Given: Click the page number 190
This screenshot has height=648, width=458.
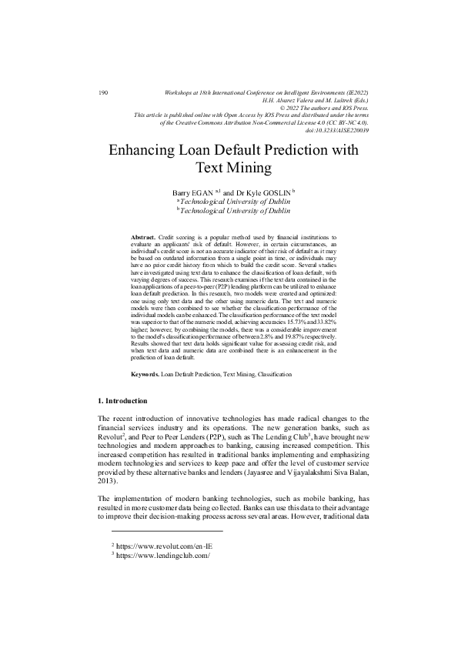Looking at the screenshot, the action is pyautogui.click(x=104, y=93).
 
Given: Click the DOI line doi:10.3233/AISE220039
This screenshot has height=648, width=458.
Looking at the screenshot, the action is pyautogui.click(x=337, y=129).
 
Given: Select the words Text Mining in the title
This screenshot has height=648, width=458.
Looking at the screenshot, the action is pyautogui.click(x=229, y=166).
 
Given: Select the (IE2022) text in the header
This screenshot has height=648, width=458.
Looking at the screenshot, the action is pyautogui.click(x=353, y=93).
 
